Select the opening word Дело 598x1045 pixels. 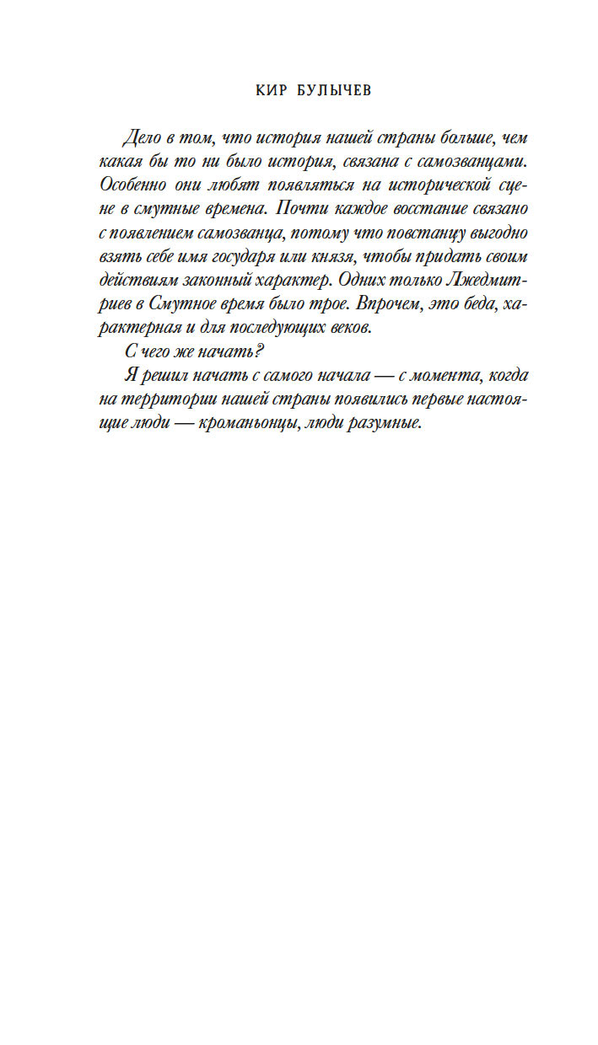pos(140,137)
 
